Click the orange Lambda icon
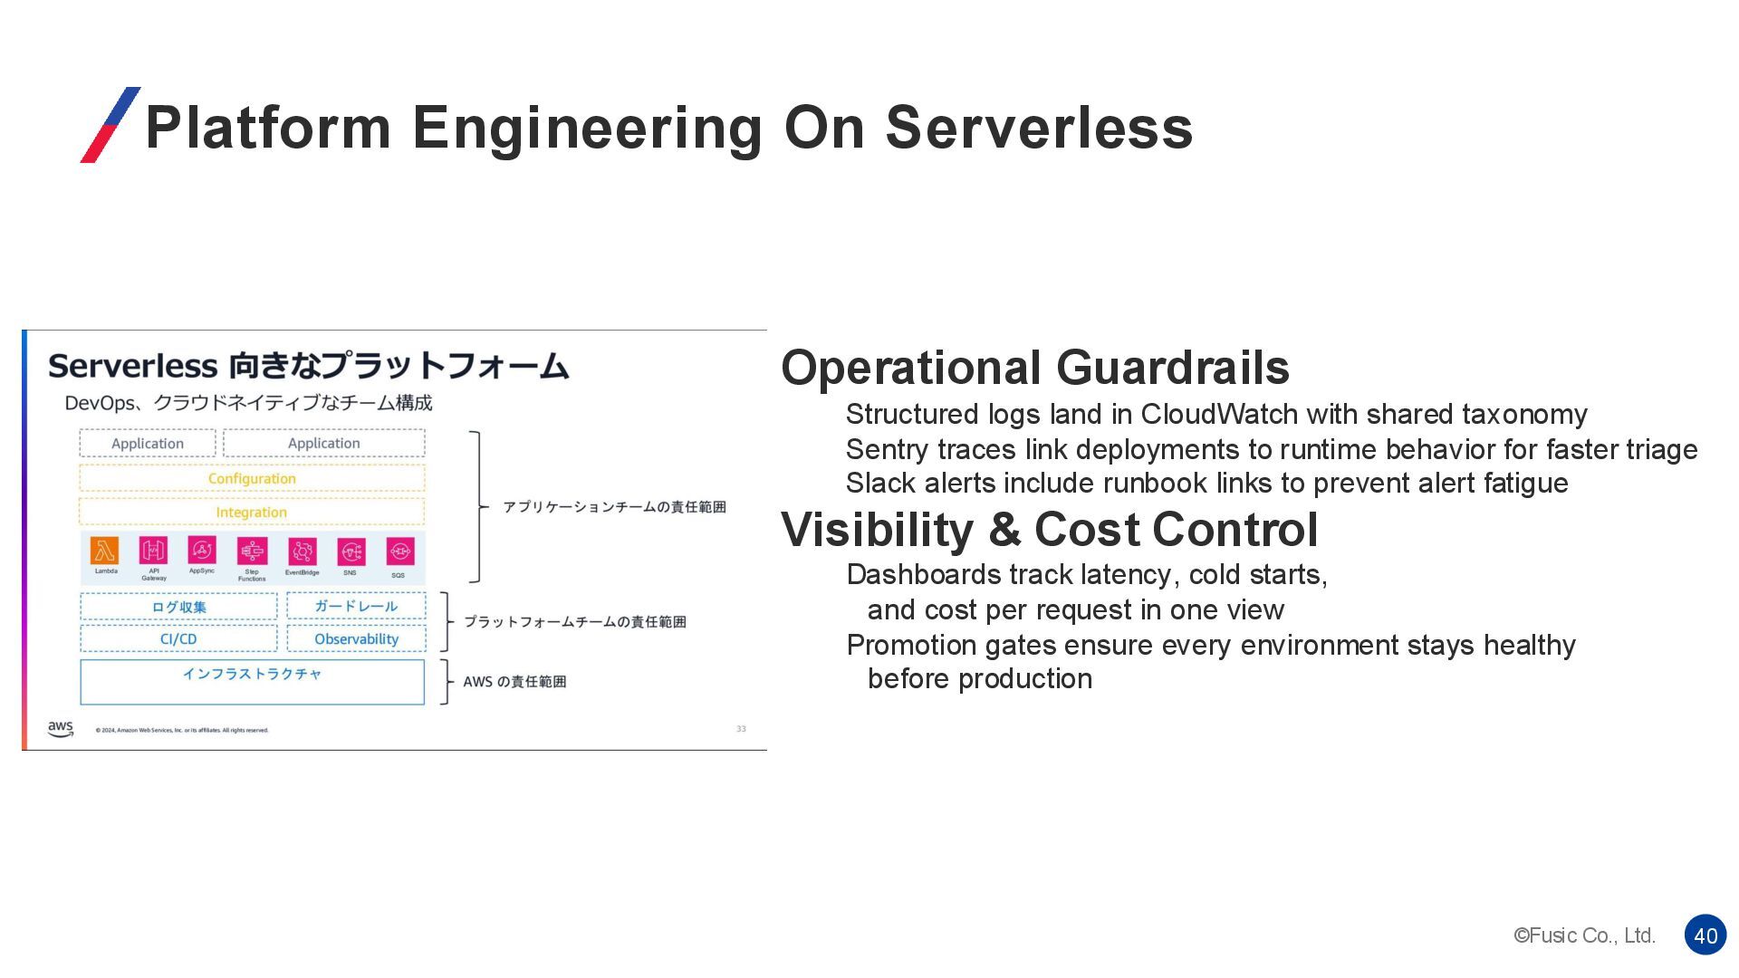point(105,550)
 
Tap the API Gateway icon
point(153,550)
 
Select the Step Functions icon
point(252,551)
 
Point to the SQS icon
point(399,551)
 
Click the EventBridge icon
point(302,551)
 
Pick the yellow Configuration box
point(252,478)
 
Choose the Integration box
point(252,512)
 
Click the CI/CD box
point(178,638)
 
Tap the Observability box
point(356,638)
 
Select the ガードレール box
point(356,606)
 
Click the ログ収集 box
point(178,607)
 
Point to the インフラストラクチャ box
point(252,681)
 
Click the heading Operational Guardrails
point(1034,368)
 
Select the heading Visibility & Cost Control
point(1049,530)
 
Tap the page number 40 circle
point(1705,935)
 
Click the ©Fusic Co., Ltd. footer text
point(1584,935)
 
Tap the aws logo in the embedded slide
point(61,729)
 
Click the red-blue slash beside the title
point(110,125)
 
